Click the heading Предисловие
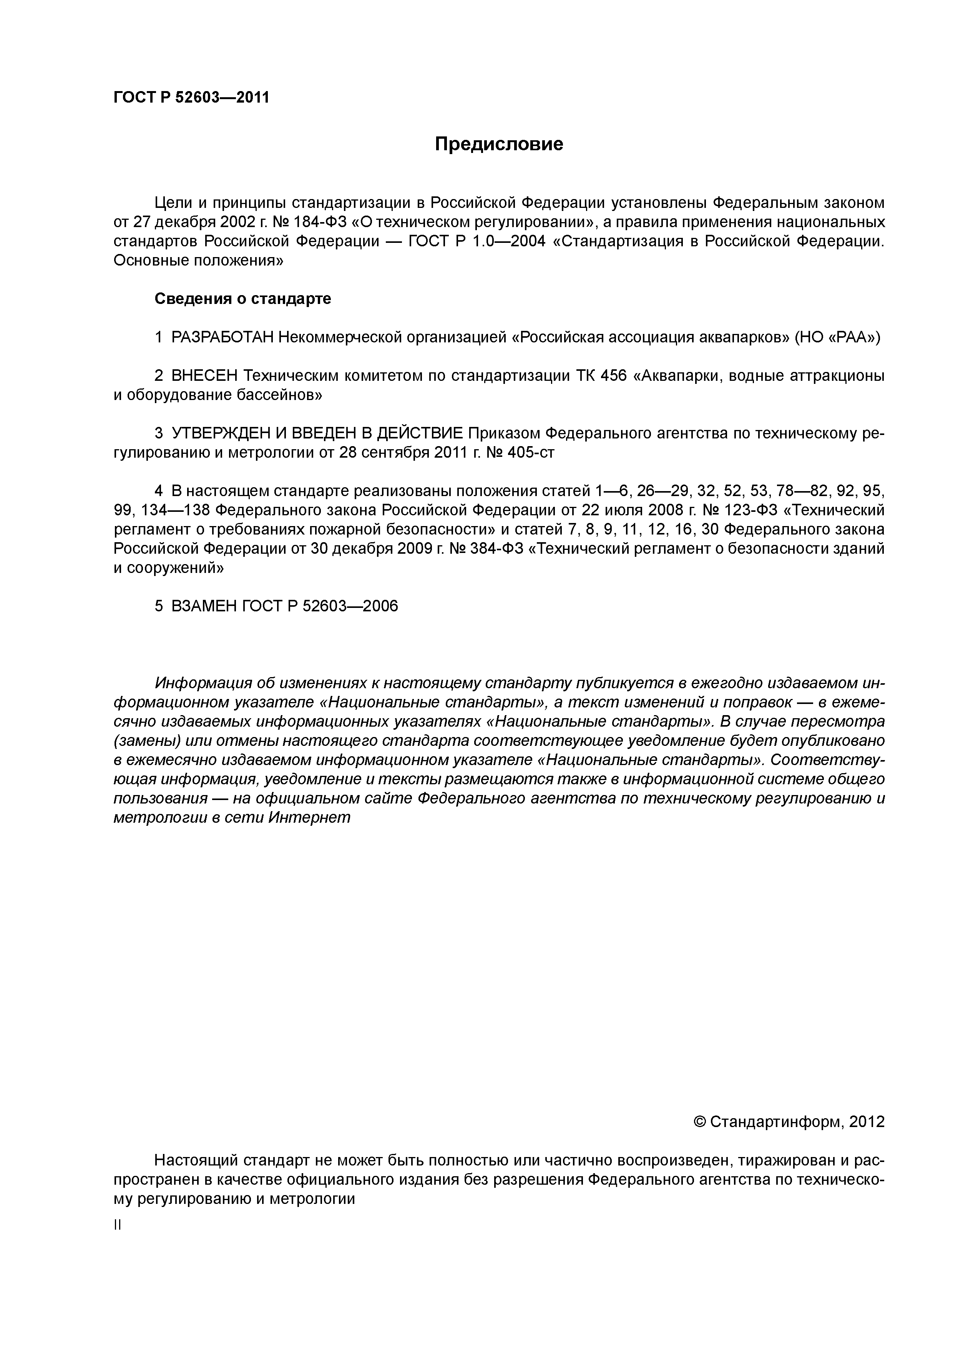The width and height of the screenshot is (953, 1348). [x=498, y=144]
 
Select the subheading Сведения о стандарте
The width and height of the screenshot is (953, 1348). [x=242, y=299]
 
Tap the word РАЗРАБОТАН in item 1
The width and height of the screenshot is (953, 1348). [x=222, y=338]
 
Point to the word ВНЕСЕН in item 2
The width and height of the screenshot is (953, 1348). [x=204, y=376]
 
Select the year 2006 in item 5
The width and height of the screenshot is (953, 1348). [x=380, y=606]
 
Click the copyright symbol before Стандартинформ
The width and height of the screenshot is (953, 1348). [x=699, y=1122]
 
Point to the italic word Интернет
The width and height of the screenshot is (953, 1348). [x=309, y=817]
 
